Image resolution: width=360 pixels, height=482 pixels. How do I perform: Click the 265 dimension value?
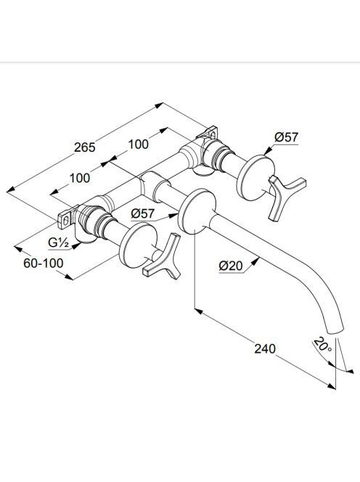coord(84,147)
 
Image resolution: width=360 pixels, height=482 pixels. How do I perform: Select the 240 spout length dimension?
coord(265,349)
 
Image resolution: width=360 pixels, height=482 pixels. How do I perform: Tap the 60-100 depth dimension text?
coord(44,263)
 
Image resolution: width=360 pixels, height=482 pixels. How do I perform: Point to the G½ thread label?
coord(58,243)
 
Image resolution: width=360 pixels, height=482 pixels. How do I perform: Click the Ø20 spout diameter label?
coord(231,266)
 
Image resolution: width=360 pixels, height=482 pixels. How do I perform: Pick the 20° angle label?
coord(323,345)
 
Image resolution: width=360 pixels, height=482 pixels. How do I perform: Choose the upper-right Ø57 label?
coord(286,137)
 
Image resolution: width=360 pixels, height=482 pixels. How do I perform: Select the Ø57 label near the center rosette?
coord(143,213)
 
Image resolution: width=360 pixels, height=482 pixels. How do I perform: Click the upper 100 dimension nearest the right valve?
coord(138,144)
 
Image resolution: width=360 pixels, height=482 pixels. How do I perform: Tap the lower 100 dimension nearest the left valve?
coord(80,178)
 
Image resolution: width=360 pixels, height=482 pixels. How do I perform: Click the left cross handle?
coord(162,258)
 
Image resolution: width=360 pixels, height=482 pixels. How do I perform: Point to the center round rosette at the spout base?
coord(197,211)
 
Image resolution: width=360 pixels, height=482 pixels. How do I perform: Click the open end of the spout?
coord(336,330)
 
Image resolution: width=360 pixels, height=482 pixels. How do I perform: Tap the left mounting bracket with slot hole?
coord(65,218)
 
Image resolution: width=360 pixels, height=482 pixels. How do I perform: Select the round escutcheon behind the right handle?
coord(255,178)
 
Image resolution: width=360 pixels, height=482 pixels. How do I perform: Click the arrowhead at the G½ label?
coord(75,245)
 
